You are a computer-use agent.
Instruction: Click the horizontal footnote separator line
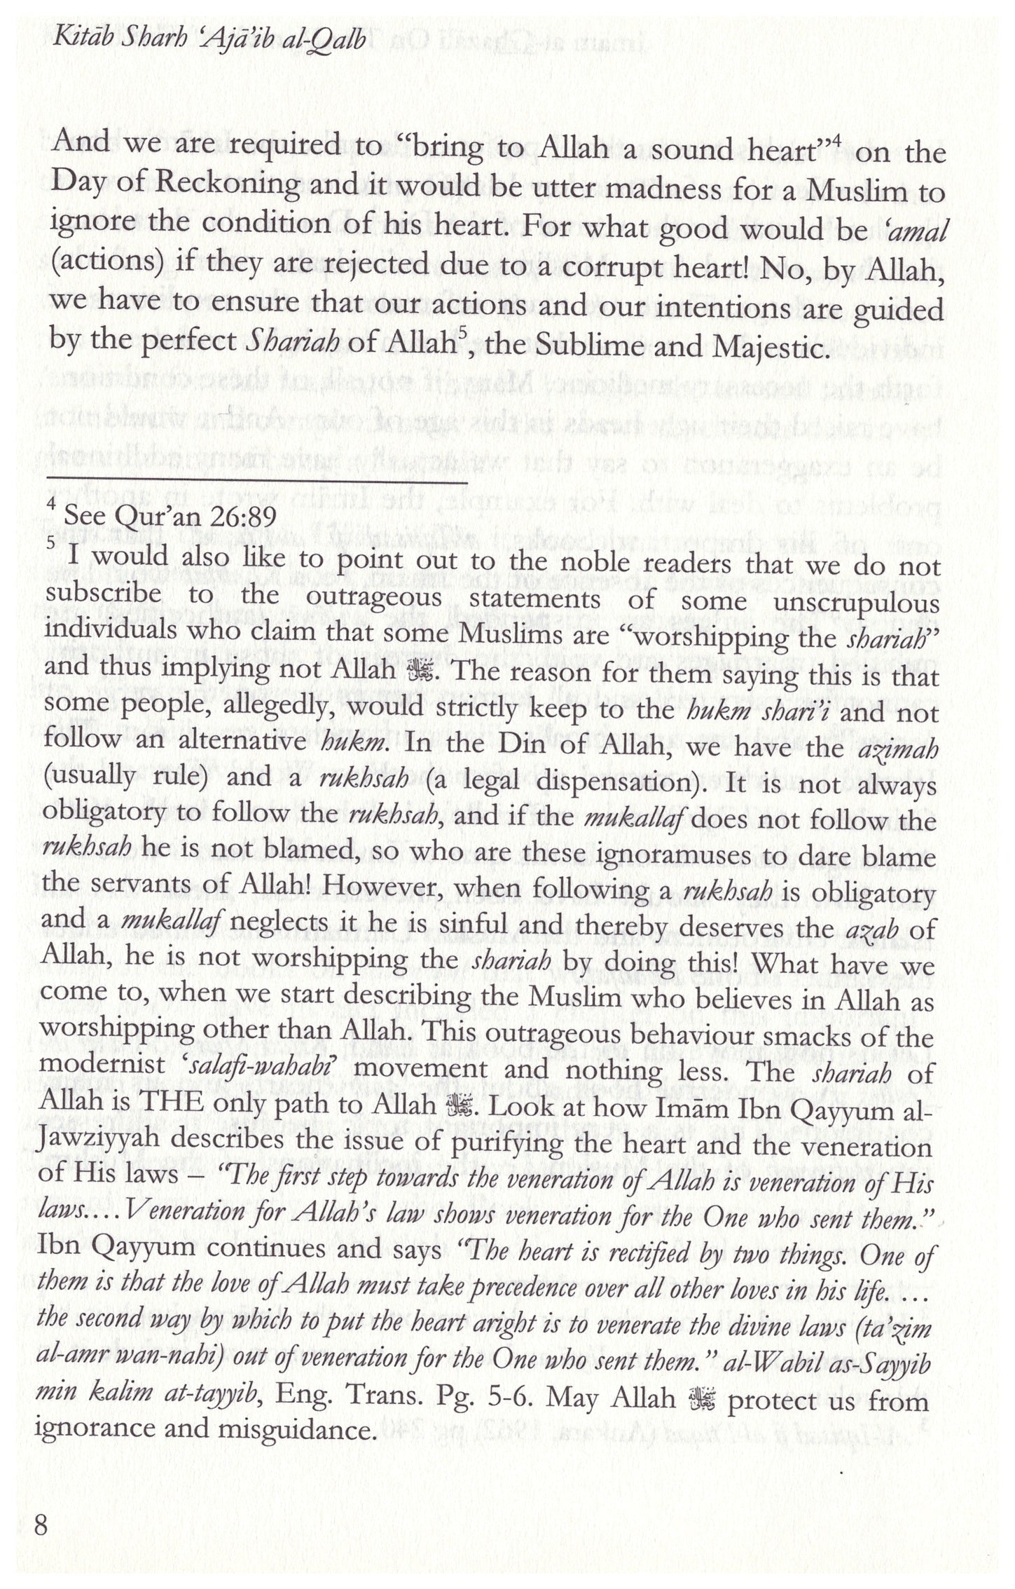[256, 482]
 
